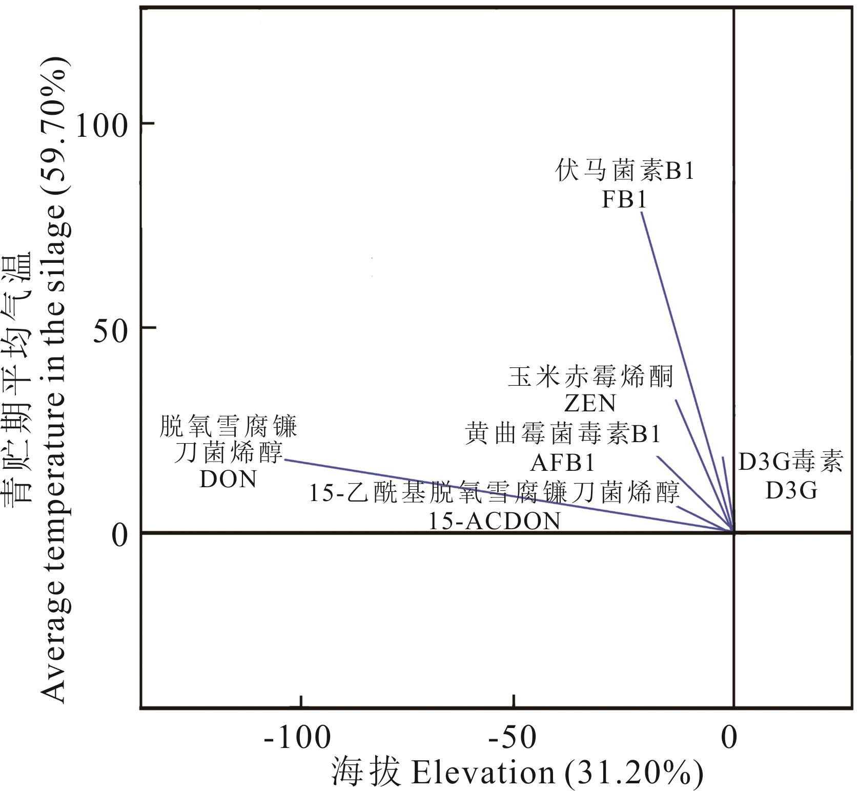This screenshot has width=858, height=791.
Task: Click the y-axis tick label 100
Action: (100, 124)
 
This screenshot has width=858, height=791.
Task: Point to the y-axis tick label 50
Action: (110, 329)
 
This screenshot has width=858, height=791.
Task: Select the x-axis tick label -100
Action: (298, 738)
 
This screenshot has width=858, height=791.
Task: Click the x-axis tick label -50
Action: (513, 738)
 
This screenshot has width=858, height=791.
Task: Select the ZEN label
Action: (590, 403)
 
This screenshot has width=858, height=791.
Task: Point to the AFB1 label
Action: (562, 463)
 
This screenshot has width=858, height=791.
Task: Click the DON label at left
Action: (228, 480)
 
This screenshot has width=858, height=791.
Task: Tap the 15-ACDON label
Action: (494, 522)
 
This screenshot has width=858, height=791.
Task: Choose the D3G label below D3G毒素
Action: (791, 491)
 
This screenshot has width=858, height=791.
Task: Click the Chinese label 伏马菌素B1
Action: (625, 171)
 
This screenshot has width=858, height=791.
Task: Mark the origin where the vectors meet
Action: (733, 532)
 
